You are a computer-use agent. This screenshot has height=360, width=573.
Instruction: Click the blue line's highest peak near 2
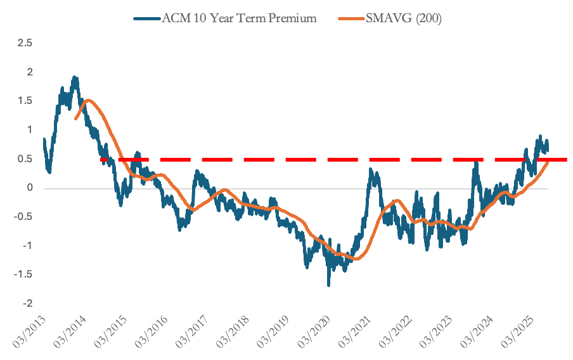75,77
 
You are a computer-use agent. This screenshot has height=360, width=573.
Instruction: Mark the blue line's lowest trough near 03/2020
328,285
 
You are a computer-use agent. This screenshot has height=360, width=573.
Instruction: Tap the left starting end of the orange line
76,119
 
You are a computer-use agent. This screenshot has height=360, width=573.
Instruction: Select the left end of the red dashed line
101,160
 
